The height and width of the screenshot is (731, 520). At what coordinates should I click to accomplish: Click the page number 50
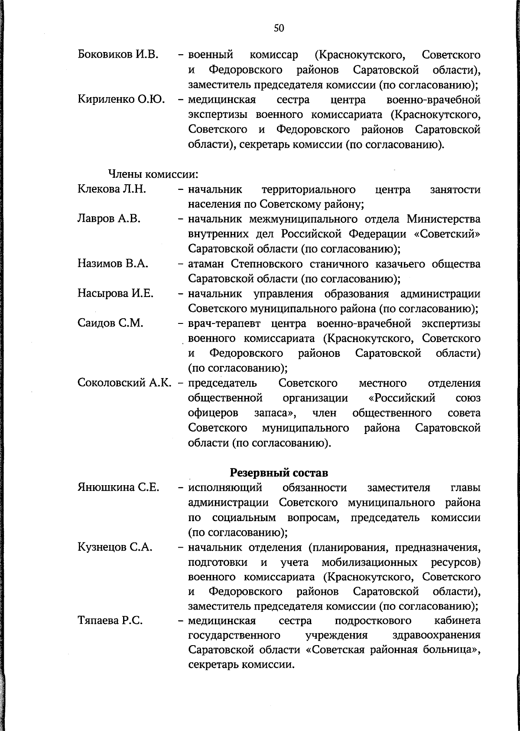[279, 29]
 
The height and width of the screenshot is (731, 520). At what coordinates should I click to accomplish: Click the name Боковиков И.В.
[117, 55]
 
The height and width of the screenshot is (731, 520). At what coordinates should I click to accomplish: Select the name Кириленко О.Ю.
[121, 100]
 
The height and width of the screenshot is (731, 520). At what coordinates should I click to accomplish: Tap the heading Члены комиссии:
[153, 175]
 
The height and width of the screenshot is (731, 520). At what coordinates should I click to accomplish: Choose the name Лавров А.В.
[109, 219]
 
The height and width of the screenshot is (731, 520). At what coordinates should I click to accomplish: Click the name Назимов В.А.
[113, 264]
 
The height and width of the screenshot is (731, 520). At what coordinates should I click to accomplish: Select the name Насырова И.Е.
[115, 294]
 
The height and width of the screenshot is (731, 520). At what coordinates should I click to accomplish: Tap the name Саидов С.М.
[110, 323]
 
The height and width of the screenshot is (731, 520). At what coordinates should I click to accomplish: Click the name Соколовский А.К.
[124, 383]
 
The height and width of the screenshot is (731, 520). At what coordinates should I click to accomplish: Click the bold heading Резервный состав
[279, 472]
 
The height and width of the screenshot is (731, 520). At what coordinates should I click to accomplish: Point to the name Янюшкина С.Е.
[118, 487]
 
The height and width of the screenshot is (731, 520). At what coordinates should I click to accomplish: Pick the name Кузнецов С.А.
[115, 547]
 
